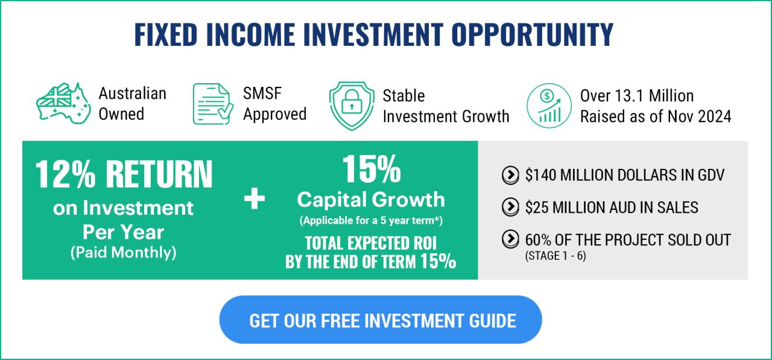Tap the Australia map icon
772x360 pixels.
click(63, 104)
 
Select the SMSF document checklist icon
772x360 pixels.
click(212, 104)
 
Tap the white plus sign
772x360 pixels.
click(254, 199)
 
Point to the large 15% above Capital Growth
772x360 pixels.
click(371, 169)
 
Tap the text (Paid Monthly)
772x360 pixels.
click(123, 253)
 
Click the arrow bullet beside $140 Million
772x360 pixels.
click(510, 175)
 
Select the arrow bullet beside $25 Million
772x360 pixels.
click(510, 207)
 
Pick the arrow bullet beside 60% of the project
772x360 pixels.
click(510, 239)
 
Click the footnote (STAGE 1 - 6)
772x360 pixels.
click(555, 256)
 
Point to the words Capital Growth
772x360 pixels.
click(371, 200)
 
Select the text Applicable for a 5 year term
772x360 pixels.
click(371, 221)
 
